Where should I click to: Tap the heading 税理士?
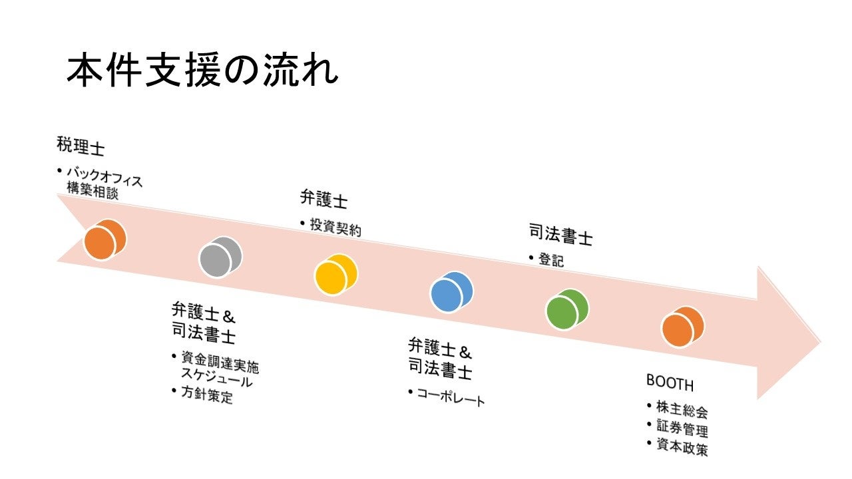coord(81,147)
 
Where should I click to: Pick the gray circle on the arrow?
coord(220,257)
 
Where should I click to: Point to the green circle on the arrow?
coord(567,310)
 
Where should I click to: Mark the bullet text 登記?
coord(551,260)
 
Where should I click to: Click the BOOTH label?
coord(670,384)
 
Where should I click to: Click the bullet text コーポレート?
coord(451,397)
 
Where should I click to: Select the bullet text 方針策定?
coord(207,395)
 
